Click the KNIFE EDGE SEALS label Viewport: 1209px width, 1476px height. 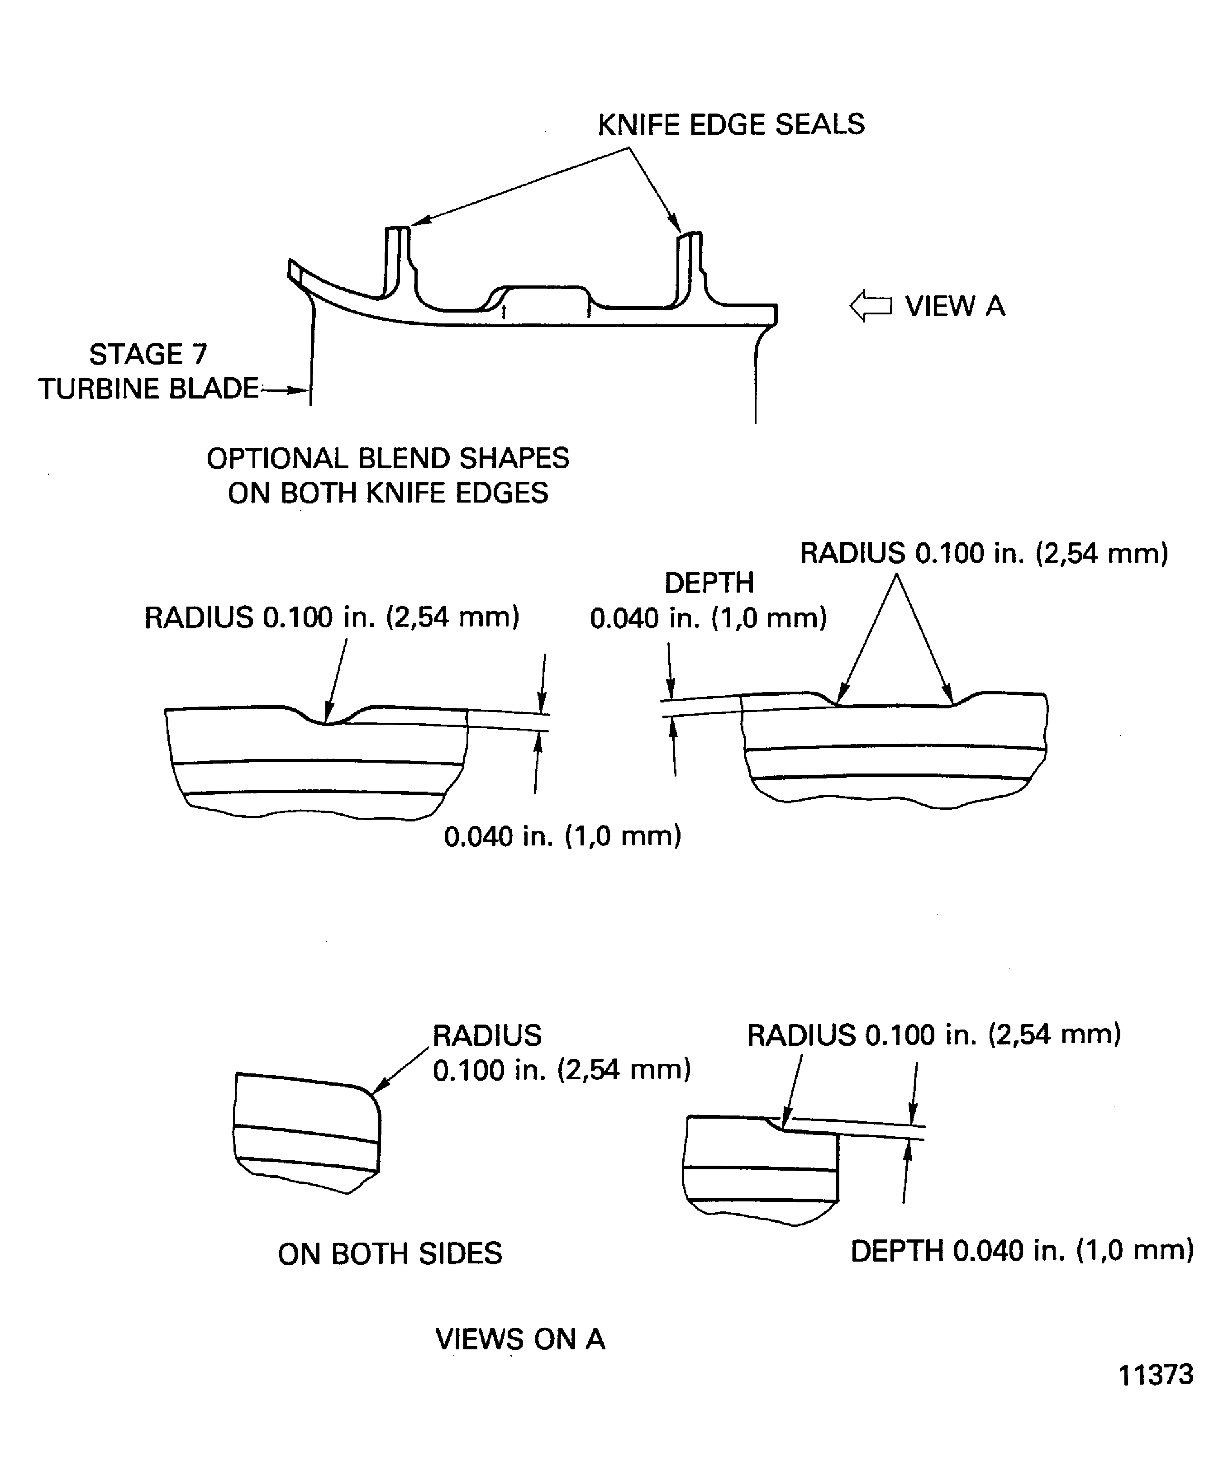click(731, 125)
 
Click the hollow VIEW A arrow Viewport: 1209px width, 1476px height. click(871, 306)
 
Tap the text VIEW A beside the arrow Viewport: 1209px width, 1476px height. click(955, 306)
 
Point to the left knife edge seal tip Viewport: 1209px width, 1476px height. click(398, 229)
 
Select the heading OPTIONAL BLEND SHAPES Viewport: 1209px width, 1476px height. click(388, 458)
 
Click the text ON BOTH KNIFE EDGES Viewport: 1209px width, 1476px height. click(388, 493)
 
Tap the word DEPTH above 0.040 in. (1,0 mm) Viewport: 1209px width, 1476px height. click(709, 583)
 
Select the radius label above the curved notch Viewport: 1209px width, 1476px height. click(332, 617)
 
